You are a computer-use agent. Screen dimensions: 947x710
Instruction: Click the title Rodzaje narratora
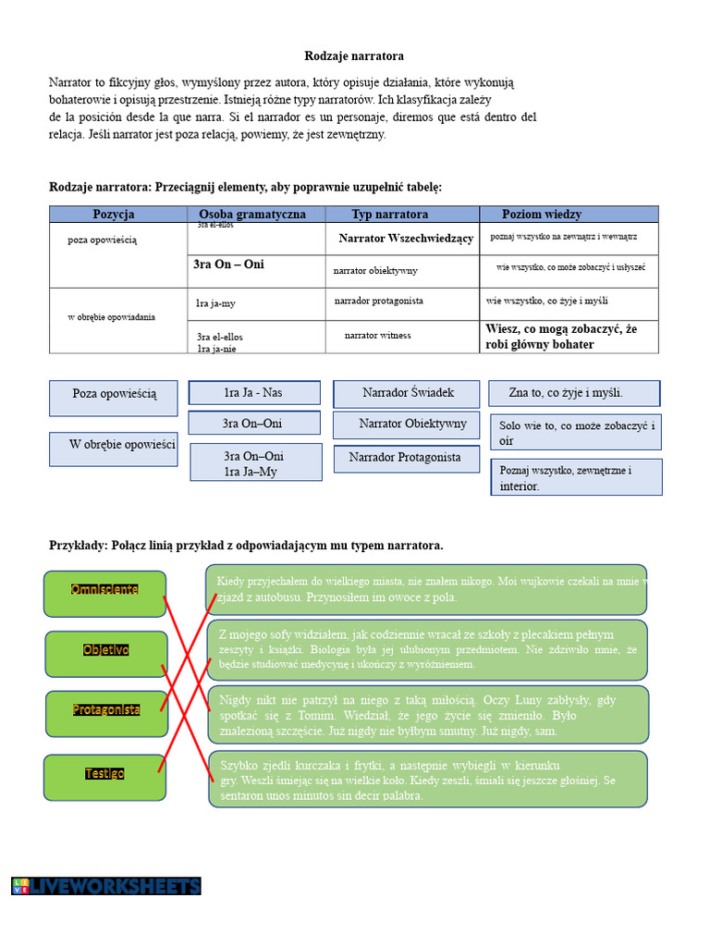click(354, 56)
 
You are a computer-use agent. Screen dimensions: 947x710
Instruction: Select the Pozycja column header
click(114, 214)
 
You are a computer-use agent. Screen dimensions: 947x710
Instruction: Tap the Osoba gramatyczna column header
click(252, 214)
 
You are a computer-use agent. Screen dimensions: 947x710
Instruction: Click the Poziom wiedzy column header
click(542, 214)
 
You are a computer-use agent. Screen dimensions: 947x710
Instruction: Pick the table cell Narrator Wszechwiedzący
click(406, 239)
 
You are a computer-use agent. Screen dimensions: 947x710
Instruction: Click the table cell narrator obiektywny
click(375, 271)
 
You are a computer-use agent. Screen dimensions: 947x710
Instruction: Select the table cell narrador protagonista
click(379, 301)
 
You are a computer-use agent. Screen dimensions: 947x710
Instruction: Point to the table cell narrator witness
click(377, 335)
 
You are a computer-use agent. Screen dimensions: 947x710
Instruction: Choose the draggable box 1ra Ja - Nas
click(254, 393)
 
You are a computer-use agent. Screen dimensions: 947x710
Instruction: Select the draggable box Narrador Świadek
click(408, 393)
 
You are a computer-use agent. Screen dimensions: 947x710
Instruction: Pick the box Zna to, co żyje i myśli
click(574, 393)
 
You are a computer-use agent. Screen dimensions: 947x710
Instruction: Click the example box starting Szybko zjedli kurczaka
click(428, 779)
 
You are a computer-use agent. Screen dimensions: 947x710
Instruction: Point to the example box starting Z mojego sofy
click(428, 648)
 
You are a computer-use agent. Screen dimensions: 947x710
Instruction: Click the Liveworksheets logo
click(106, 886)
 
